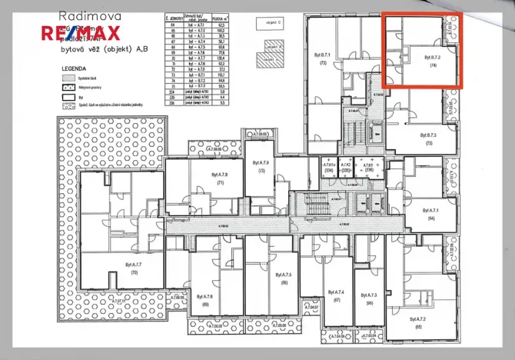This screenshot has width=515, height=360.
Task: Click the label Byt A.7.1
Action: pos(430,213)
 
